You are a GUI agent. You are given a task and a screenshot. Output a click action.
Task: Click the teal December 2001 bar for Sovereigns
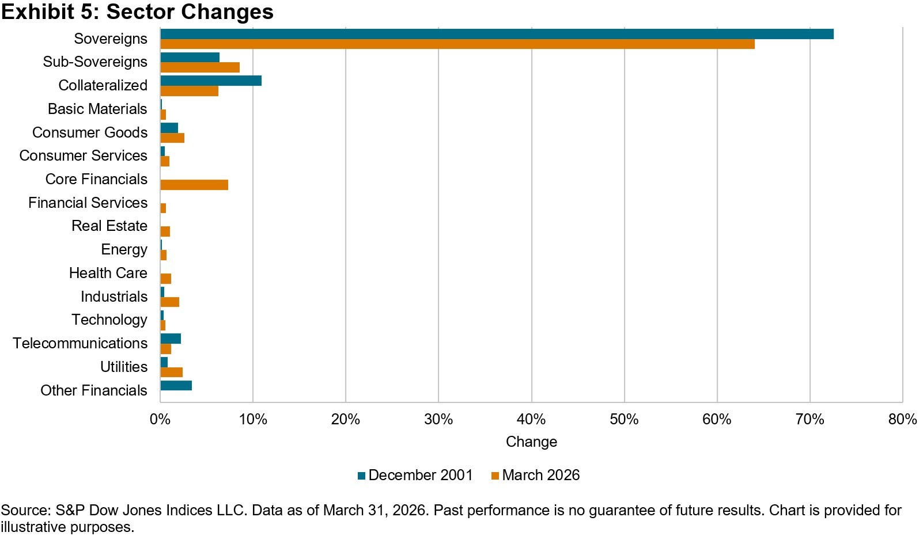point(497,34)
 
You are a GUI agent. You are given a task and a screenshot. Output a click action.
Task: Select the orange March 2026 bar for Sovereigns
point(457,44)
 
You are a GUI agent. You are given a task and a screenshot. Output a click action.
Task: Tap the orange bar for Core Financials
point(194,185)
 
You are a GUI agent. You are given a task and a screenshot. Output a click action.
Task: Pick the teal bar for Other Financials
point(176,385)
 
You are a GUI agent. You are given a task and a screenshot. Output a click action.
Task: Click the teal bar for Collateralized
point(211,81)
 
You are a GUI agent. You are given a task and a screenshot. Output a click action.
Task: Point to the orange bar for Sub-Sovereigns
point(200,67)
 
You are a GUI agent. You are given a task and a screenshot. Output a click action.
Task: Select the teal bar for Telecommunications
point(171,339)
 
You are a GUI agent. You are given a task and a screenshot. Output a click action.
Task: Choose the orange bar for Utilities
point(172,372)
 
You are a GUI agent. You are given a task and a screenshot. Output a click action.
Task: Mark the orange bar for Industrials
point(170,302)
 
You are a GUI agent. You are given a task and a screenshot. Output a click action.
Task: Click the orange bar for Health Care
point(166,279)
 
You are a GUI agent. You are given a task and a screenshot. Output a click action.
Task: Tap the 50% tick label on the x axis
point(624,420)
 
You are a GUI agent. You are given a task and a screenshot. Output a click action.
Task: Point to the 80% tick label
point(903,420)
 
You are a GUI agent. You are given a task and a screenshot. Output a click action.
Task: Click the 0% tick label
point(160,420)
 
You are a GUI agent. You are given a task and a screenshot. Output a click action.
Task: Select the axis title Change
point(532,442)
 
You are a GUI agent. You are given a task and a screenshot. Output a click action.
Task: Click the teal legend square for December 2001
point(361,476)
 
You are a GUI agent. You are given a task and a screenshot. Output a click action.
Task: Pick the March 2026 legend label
point(540,475)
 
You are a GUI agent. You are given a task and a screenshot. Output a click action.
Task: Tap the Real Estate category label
point(109,226)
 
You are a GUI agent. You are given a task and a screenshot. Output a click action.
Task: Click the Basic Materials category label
point(97,109)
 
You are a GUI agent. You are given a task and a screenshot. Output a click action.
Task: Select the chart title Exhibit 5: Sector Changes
point(137,11)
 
